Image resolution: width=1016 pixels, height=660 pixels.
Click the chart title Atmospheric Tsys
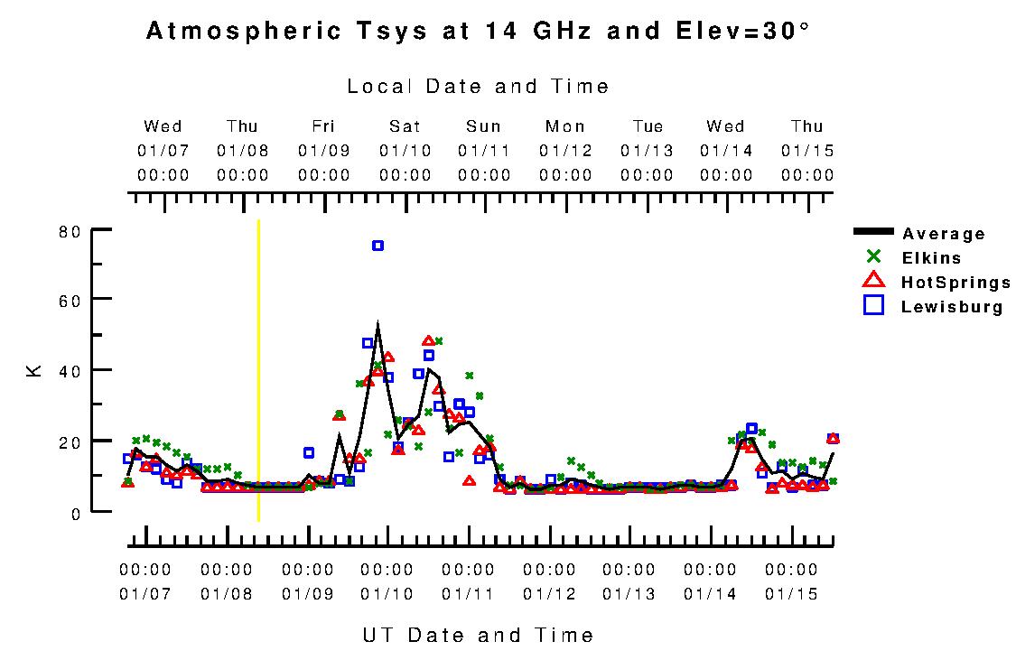(478, 32)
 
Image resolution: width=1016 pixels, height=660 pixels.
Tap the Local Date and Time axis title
(478, 87)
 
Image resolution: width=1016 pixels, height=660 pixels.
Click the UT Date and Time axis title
(478, 635)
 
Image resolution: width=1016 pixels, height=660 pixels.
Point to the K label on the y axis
(34, 370)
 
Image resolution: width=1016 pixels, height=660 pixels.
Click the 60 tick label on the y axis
(70, 299)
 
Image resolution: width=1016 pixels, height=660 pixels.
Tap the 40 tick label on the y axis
(70, 370)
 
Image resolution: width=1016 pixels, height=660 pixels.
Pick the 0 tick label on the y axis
(76, 513)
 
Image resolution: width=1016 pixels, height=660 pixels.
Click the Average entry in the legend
(943, 234)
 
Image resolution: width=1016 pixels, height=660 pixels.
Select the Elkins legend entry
(931, 258)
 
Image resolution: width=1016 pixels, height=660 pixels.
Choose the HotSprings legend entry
(955, 283)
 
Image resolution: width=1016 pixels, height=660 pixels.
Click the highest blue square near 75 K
(378, 246)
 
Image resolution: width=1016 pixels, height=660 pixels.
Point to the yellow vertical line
(258, 370)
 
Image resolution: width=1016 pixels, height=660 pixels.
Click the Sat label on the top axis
(405, 126)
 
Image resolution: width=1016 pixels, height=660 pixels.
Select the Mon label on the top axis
(565, 126)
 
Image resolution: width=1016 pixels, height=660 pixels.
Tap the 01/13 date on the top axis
(647, 151)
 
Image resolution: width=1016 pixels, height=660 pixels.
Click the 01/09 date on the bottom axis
(307, 594)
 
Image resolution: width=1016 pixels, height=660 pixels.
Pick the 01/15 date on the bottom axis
(791, 594)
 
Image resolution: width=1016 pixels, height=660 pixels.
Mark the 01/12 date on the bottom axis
(549, 594)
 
